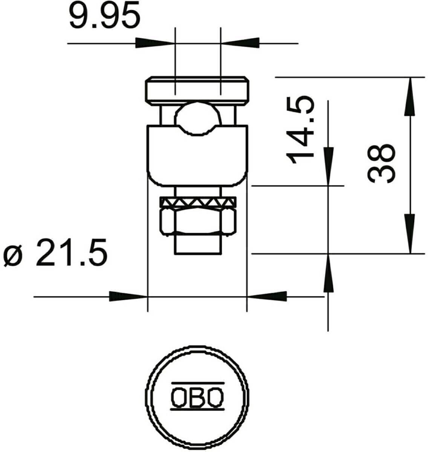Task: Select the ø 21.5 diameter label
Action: (56, 252)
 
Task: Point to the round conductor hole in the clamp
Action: (196, 118)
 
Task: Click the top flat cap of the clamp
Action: (197, 91)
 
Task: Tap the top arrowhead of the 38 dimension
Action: (410, 96)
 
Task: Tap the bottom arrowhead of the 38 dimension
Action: (410, 234)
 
